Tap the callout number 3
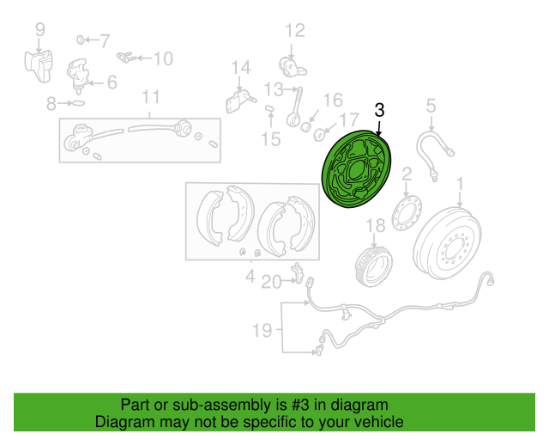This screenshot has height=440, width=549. coord(380,110)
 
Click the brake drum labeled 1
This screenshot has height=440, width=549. coord(448,242)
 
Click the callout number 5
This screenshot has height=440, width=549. coord(431,107)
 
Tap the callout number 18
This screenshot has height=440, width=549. coord(375,227)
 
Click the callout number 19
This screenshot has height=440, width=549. coord(262,330)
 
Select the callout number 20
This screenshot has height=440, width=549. coord(271,281)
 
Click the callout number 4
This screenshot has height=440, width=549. coord(250,276)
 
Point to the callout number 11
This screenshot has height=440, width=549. coord(151,95)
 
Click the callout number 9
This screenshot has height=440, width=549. coord(39,32)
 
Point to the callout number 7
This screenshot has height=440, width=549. coord(105,40)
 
